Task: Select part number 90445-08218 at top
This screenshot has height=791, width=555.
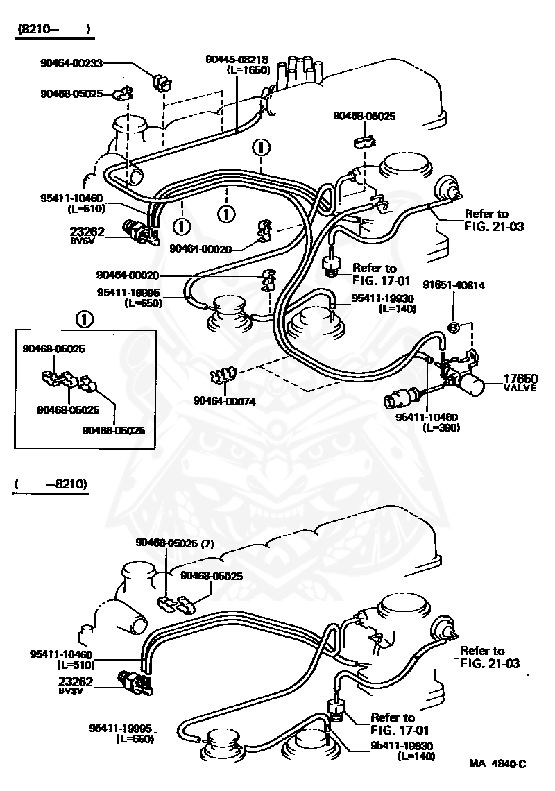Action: click(x=237, y=60)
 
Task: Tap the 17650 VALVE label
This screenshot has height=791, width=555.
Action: click(x=520, y=382)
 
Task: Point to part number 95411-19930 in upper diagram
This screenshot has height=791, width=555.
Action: click(x=383, y=298)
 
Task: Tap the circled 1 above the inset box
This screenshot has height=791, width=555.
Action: click(x=84, y=319)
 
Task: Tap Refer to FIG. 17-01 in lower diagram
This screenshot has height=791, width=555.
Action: click(x=393, y=723)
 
